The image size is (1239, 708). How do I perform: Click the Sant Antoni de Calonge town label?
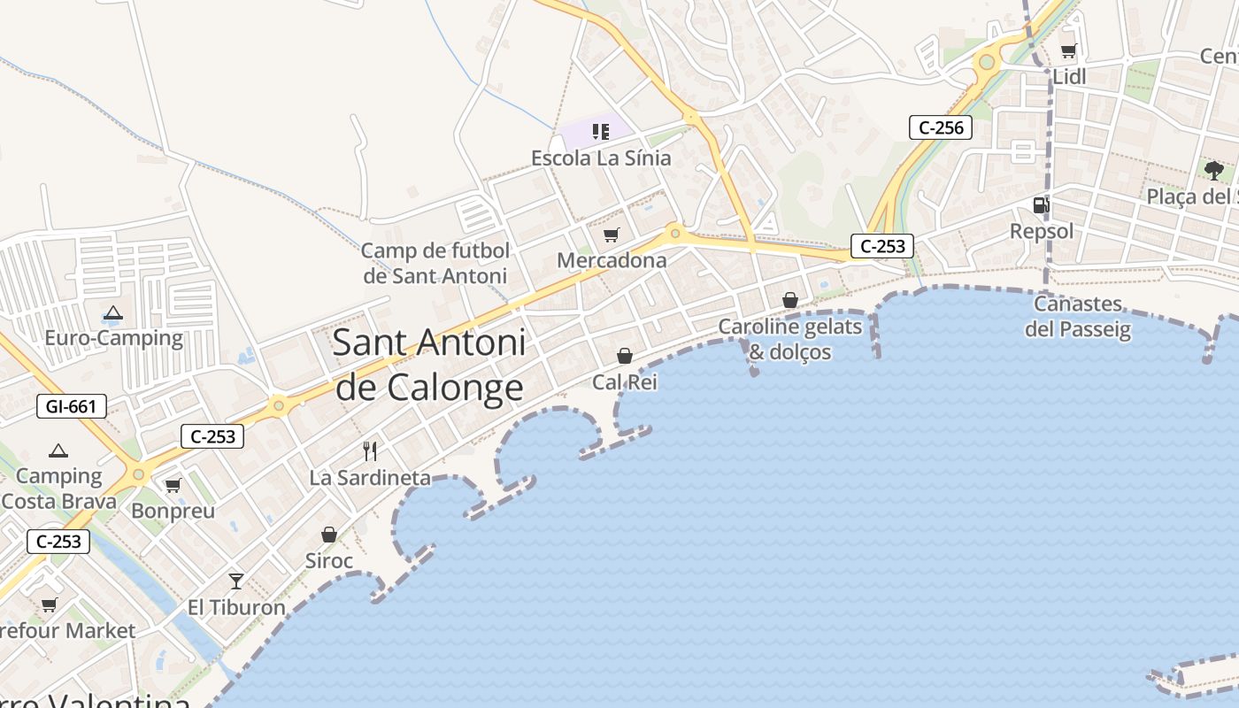(429, 366)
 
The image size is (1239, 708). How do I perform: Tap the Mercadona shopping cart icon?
(611, 235)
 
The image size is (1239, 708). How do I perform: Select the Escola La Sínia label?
(601, 158)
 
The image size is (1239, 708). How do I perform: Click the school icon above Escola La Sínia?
(601, 132)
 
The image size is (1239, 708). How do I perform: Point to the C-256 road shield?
(941, 127)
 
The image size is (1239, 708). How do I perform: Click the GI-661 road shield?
(72, 407)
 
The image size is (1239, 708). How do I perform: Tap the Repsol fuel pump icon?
(1042, 205)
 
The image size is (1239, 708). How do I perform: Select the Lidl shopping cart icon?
(1068, 50)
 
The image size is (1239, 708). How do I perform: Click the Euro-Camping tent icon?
(112, 312)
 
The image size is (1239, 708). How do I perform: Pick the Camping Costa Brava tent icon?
(58, 450)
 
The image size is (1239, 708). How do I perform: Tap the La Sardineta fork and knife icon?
(370, 451)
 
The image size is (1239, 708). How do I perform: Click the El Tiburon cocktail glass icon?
(235, 581)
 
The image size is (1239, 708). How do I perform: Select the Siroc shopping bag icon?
(328, 535)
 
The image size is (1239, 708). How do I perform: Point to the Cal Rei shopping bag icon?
(625, 356)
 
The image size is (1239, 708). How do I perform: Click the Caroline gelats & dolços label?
(789, 339)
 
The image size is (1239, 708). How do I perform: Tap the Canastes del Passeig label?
(1078, 317)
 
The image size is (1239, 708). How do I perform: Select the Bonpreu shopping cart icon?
(173, 485)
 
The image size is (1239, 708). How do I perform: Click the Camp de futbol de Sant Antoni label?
(435, 263)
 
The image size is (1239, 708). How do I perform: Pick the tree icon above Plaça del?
(1213, 169)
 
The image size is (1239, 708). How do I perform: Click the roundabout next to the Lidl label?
(986, 63)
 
